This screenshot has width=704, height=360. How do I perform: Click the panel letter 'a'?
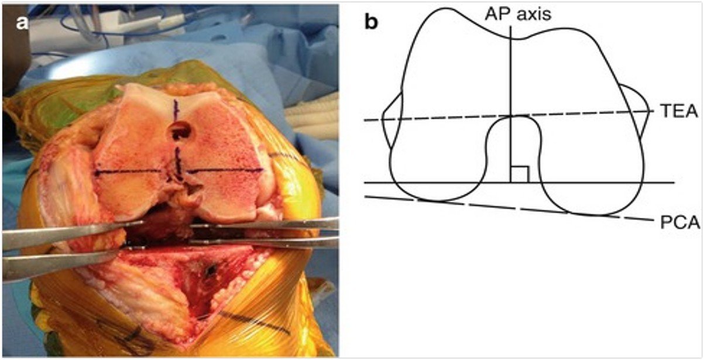click(x=22, y=23)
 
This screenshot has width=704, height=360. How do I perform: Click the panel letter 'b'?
click(x=371, y=22)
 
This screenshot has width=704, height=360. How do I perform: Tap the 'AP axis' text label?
click(x=518, y=15)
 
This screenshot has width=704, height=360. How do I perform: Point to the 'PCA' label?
click(x=680, y=222)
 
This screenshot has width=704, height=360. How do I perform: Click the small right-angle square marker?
click(x=520, y=174)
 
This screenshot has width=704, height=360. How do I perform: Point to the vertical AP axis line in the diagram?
click(x=511, y=104)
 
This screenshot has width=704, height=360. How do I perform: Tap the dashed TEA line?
click(x=509, y=116)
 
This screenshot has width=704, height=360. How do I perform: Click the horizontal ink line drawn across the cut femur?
click(x=179, y=172)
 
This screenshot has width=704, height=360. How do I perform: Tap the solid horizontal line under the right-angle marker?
click(x=519, y=183)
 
